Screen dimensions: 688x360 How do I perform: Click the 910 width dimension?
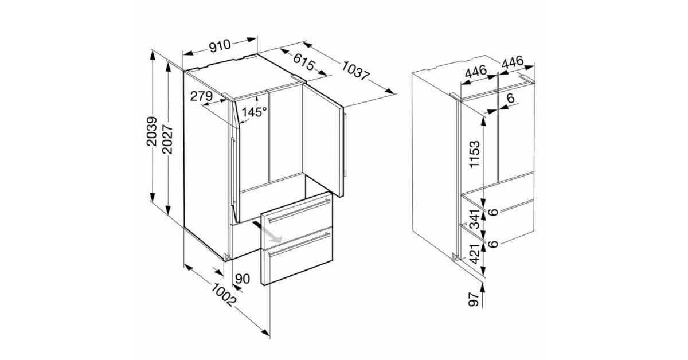[x=220, y=45]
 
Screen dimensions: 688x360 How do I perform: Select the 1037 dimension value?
[x=356, y=71]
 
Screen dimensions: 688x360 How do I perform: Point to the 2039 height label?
[x=152, y=131]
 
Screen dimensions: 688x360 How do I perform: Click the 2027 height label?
[x=167, y=139]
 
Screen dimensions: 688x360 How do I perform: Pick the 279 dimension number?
[x=201, y=96]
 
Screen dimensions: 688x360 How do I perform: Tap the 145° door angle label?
[x=254, y=112]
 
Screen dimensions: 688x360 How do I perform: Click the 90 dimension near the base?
[x=243, y=279]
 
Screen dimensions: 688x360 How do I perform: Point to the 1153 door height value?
[x=475, y=154]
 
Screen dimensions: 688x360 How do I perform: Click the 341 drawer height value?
[x=475, y=219]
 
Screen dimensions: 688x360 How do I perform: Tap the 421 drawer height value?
[x=475, y=254]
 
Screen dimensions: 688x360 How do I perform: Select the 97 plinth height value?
[x=474, y=299]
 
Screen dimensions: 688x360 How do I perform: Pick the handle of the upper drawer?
[x=299, y=210]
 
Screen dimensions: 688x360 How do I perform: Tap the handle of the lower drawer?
[x=299, y=245]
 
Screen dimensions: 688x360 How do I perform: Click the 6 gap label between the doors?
[x=510, y=98]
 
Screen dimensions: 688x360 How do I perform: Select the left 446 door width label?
[x=476, y=72]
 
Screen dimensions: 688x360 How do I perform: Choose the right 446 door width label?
[x=513, y=62]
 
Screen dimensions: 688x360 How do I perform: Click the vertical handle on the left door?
[x=233, y=170]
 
